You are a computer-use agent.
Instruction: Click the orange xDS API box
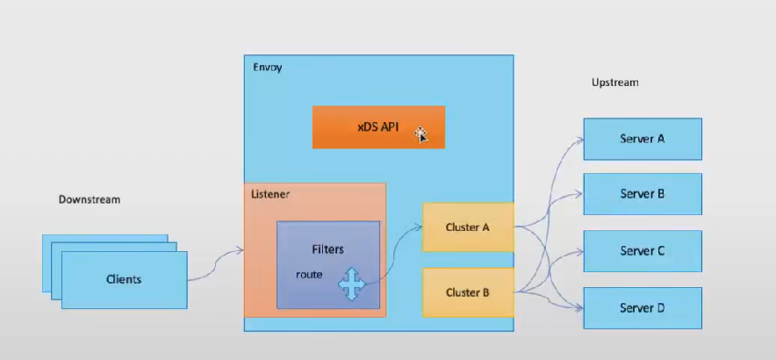[x=378, y=127]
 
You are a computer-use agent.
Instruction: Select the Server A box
[x=643, y=138]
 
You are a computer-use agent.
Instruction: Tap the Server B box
[x=643, y=194]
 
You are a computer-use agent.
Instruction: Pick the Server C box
[x=643, y=251]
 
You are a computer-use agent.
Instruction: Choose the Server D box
[x=643, y=308]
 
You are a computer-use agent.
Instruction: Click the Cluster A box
[x=468, y=227]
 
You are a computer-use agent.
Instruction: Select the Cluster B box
[x=468, y=292]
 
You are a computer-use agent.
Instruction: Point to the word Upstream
[x=614, y=83]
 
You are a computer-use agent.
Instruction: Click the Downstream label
[x=90, y=199]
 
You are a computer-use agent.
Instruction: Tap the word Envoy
[x=268, y=68]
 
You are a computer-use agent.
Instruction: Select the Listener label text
[x=270, y=192]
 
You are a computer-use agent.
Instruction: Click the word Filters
[x=328, y=249]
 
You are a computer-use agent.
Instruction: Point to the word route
[x=309, y=275]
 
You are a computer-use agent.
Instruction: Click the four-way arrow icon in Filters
[x=351, y=284]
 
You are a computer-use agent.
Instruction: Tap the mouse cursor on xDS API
[x=422, y=134]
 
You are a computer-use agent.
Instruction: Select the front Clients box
[x=124, y=279]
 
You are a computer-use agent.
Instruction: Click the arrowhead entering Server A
[x=580, y=138]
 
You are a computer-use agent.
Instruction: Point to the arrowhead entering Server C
[x=580, y=251]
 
